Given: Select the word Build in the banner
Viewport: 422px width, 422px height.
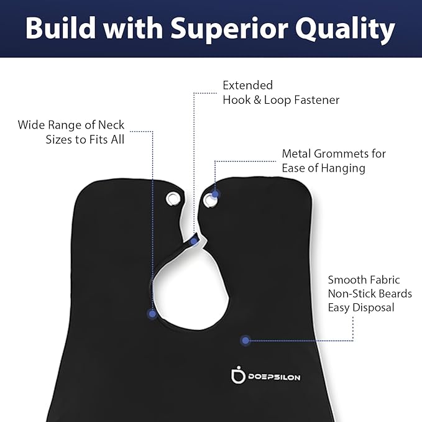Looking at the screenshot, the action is tap(60, 28).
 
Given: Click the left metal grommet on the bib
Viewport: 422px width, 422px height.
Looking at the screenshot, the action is tap(173, 199).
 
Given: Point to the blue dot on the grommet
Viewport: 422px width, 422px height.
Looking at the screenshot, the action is tap(215, 194).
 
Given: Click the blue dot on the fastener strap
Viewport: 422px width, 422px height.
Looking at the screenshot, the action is tap(193, 242).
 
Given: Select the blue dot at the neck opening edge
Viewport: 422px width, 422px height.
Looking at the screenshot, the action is tap(152, 314).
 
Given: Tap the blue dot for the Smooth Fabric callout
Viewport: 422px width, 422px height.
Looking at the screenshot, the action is tap(245, 341).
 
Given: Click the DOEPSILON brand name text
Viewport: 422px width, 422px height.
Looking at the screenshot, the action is tap(274, 377).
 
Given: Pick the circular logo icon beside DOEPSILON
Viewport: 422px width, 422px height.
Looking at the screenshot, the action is tap(238, 375).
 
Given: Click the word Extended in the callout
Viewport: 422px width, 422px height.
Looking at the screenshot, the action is tap(247, 85).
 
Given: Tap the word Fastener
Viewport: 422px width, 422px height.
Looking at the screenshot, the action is tap(316, 100).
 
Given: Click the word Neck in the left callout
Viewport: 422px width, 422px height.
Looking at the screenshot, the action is tap(111, 125).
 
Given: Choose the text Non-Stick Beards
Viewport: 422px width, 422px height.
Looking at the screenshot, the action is tap(370, 293).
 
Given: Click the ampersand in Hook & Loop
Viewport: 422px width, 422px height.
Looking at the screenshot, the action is tap(257, 100).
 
